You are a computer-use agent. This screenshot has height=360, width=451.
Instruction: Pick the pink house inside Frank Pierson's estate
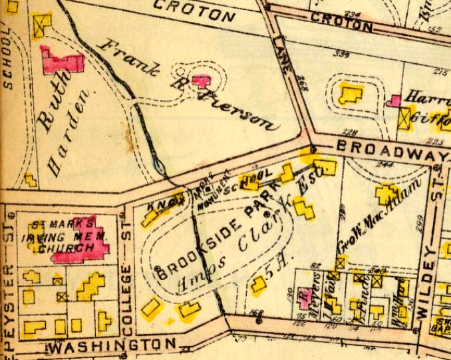click(x=202, y=81)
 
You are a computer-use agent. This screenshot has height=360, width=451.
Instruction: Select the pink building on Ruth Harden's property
click(x=63, y=61)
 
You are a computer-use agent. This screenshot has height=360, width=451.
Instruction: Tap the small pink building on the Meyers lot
click(x=305, y=297)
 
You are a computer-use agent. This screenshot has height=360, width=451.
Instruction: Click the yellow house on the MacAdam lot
click(x=387, y=194)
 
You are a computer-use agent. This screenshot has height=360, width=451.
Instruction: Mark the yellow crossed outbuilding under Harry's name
click(x=404, y=119)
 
